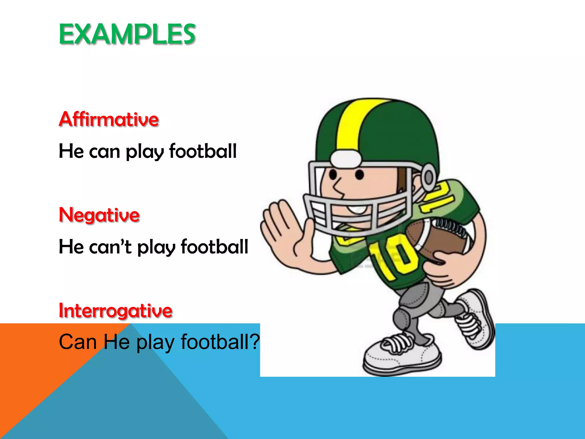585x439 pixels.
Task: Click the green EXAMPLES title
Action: pos(127,34)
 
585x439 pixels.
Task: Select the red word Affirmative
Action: pos(109,119)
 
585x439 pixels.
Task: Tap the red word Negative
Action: pos(99,215)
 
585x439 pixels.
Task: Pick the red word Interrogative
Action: pos(115,311)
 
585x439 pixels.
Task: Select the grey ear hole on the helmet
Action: pos(428,177)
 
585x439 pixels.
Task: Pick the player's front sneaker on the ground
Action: pos(400,357)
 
